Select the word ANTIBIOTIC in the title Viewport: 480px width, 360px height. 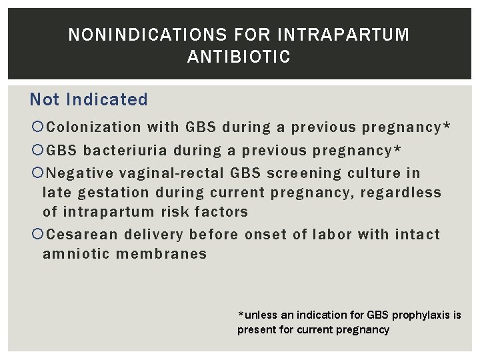(x=239, y=57)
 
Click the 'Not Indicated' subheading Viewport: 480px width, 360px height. (x=89, y=100)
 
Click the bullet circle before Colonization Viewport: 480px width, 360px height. (x=37, y=127)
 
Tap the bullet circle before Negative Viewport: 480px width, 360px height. (x=37, y=173)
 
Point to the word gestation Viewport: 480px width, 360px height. (x=113, y=193)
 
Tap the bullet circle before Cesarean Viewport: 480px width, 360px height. (x=37, y=235)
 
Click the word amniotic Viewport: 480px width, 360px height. (x=73, y=254)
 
